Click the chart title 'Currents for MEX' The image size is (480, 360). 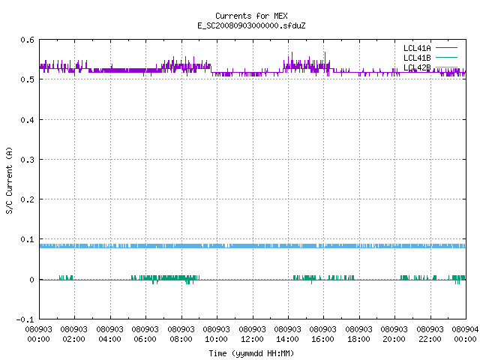click(251, 16)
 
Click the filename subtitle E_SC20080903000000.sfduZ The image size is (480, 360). click(251, 25)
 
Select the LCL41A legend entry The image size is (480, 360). click(430, 48)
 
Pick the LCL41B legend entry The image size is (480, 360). click(430, 58)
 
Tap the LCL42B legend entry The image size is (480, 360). click(430, 67)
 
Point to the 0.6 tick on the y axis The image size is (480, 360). click(27, 40)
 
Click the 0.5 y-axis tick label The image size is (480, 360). click(27, 79)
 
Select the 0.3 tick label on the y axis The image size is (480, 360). click(27, 160)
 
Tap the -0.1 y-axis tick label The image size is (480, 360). click(25, 319)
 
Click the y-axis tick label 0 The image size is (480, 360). click(31, 280)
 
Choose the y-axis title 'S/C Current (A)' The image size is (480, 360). click(9, 180)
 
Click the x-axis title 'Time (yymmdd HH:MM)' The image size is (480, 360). click(251, 353)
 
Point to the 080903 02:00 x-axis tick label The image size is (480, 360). click(73, 334)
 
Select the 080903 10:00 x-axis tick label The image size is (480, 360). click(217, 334)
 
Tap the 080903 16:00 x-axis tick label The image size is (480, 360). click(323, 334)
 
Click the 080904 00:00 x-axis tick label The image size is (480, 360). click(465, 334)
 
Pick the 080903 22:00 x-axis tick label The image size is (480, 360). click(430, 334)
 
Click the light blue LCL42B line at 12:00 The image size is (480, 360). click(253, 246)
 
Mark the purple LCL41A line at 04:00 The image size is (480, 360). click(110, 70)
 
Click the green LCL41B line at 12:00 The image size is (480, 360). click(253, 280)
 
